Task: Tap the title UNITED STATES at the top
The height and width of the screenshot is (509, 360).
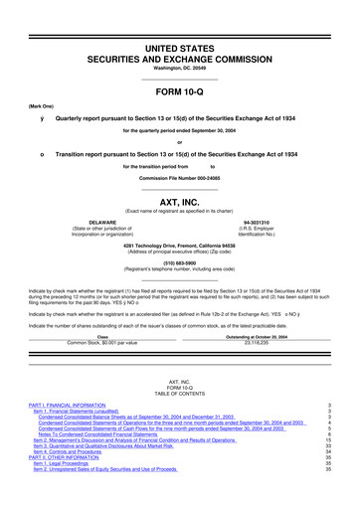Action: (180, 19)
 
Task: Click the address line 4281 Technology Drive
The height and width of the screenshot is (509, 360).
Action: (180, 245)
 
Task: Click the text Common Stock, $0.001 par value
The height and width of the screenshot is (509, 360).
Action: (103, 340)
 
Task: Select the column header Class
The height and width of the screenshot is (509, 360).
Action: (103, 335)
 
